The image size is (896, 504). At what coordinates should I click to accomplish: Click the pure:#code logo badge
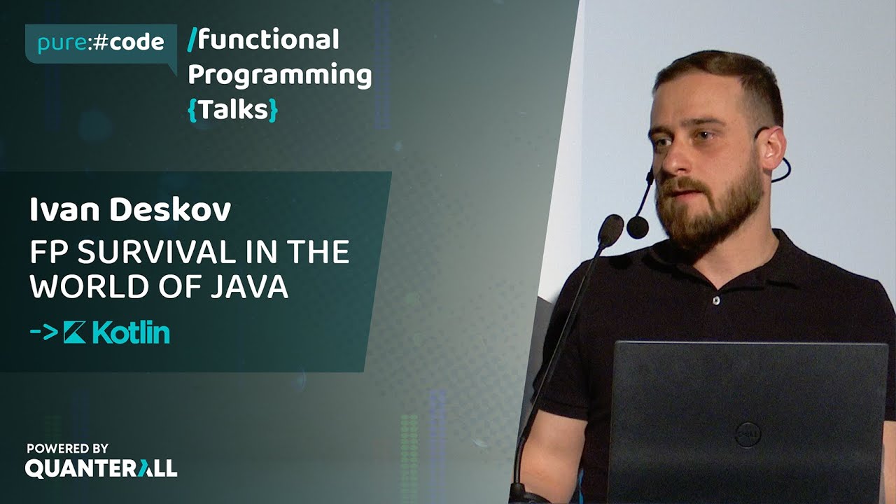tap(99, 43)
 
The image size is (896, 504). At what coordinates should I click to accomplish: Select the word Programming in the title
tap(280, 75)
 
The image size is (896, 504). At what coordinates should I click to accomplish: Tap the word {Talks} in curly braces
tap(233, 110)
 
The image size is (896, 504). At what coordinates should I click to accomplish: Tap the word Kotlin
tap(131, 333)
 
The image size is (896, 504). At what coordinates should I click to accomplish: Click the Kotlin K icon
tap(74, 333)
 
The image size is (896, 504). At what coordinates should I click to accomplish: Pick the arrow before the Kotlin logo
tap(43, 333)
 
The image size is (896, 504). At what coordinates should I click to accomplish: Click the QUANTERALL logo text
tap(101, 468)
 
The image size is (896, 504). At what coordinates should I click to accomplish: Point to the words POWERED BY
tap(68, 448)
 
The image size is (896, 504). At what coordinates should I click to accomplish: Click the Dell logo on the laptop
tap(748, 435)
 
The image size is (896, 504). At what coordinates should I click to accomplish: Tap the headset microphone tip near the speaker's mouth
tap(637, 227)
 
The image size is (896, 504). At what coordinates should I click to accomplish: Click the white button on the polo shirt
tap(715, 300)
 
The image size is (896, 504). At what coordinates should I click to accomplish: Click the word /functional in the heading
tap(264, 40)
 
